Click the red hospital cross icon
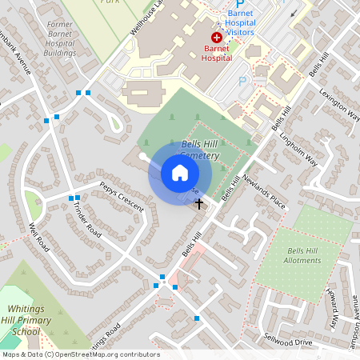[217, 38]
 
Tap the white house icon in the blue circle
[180, 172]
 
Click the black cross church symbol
[199, 204]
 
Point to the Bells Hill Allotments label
[302, 256]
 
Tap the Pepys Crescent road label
[122, 197]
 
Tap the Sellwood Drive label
[291, 342]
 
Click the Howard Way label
[331, 308]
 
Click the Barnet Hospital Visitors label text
[251, 23]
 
